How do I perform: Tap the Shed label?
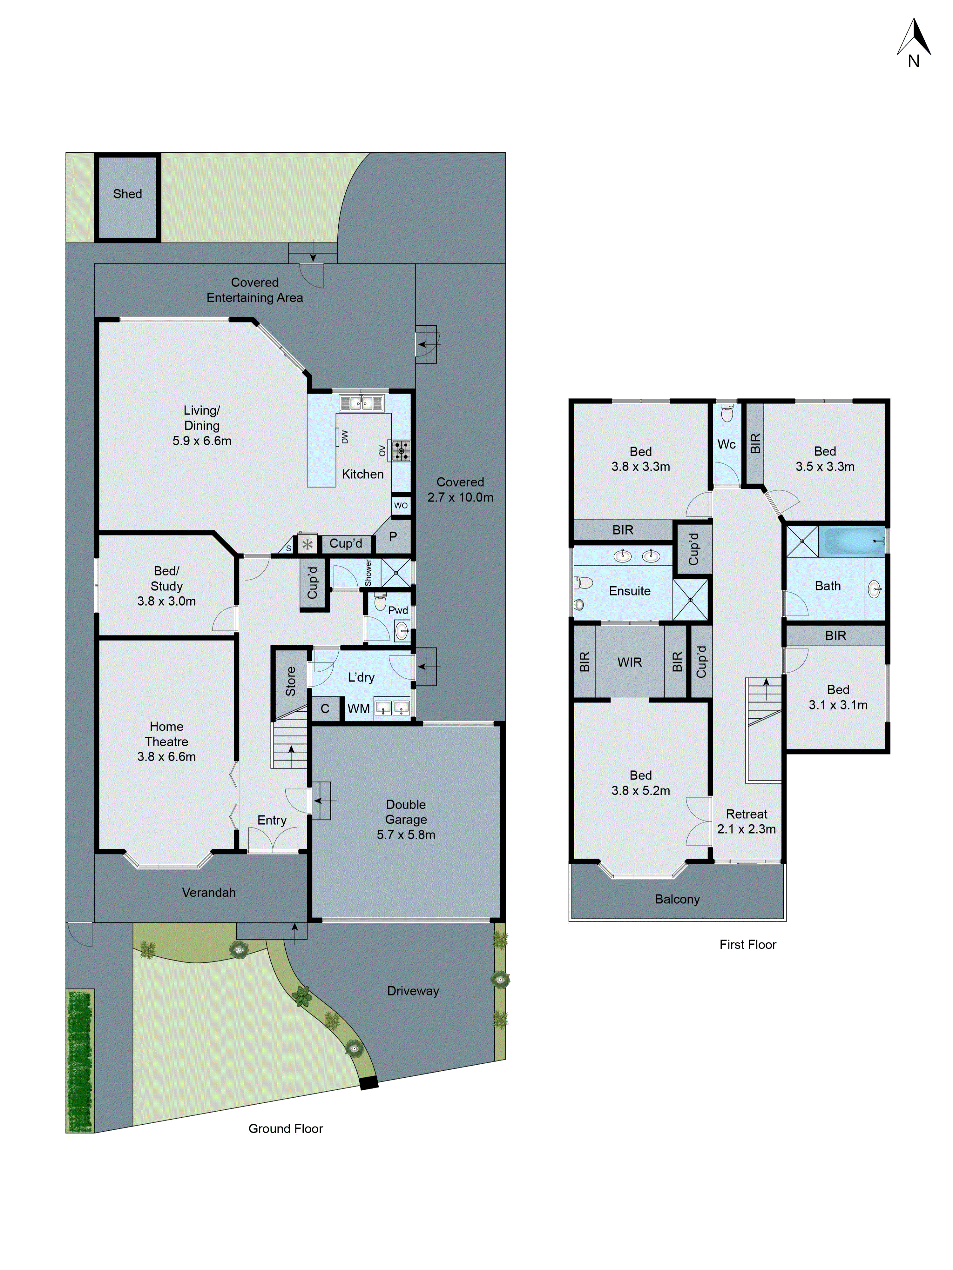click(127, 194)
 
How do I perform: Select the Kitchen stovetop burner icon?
click(401, 451)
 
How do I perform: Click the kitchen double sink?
click(361, 404)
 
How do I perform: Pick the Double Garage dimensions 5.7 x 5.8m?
click(406, 835)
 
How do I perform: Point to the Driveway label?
click(413, 991)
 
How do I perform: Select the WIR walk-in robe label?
click(630, 662)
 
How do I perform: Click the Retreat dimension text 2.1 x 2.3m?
click(746, 829)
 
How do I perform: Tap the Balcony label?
click(677, 899)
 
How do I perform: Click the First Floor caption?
click(747, 944)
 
